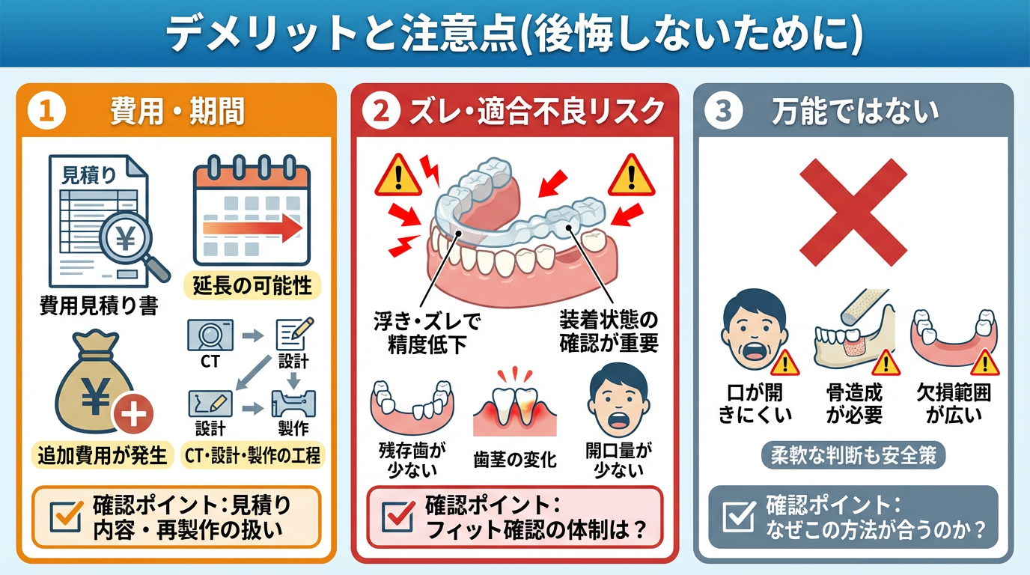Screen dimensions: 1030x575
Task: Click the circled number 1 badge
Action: point(46,111)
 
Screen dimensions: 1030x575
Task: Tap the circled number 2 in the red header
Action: point(381,111)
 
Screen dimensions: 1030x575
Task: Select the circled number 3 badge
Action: point(723,111)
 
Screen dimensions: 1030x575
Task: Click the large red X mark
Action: point(853,213)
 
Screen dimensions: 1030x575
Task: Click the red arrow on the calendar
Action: point(252,228)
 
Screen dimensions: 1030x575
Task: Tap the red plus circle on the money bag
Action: point(133,413)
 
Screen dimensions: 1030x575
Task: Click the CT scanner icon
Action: point(210,335)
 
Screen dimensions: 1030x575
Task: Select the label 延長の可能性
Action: point(252,286)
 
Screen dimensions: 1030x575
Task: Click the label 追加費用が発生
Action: point(102,455)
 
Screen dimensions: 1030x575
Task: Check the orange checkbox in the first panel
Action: point(66,517)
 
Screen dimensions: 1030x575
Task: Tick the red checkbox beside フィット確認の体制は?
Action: point(399,517)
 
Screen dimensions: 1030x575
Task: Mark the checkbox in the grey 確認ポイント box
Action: point(740,517)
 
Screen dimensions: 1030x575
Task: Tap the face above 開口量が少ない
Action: point(618,401)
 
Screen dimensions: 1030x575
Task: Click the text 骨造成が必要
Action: point(854,404)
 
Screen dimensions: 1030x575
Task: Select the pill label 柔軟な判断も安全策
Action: point(853,455)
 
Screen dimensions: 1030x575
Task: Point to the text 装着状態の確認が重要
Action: point(609,332)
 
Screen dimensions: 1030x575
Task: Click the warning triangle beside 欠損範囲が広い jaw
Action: point(985,362)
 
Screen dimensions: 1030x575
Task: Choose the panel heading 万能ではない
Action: point(856,112)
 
